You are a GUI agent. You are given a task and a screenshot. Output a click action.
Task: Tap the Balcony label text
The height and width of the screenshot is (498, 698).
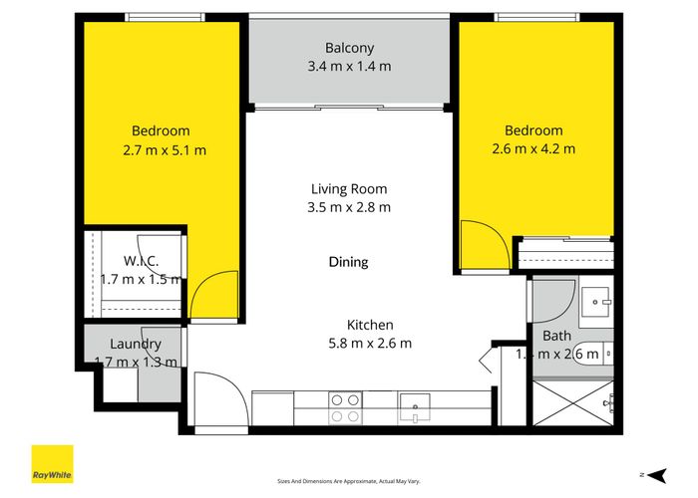click(349, 48)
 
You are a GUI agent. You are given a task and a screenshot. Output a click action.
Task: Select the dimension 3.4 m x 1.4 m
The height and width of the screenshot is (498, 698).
click(349, 67)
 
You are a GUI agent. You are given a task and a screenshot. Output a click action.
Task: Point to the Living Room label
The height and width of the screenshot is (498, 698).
click(348, 188)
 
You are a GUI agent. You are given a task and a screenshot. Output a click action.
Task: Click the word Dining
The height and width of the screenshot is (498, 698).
click(348, 262)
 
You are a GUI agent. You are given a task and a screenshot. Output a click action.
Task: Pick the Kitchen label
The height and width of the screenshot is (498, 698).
click(370, 325)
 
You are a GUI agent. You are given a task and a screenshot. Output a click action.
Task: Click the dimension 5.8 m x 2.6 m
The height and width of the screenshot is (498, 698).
click(370, 344)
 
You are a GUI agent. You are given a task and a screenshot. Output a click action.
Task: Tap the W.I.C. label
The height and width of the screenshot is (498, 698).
click(141, 261)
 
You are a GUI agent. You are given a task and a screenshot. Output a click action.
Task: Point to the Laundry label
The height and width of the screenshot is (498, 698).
click(136, 345)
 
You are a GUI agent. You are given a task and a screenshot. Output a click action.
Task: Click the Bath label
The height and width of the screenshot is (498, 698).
click(556, 336)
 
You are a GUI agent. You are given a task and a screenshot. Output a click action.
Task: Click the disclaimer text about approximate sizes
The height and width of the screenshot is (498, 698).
click(349, 481)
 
